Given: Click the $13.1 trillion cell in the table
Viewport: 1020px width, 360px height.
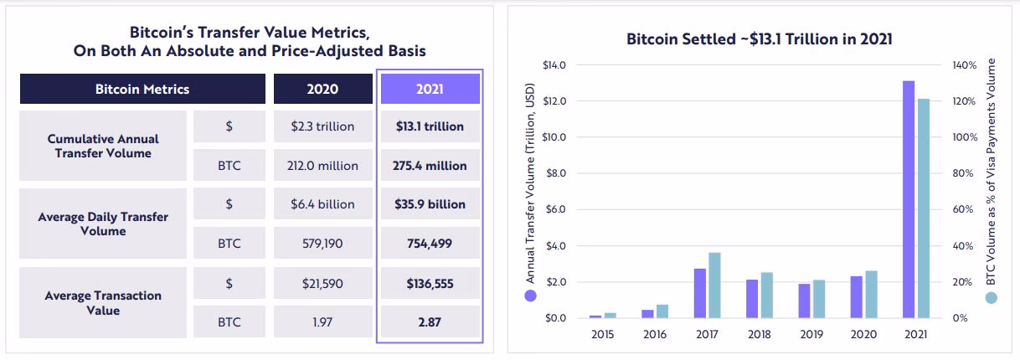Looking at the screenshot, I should pos(430,126).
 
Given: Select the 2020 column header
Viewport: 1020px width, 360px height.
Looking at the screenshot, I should pos(322,89).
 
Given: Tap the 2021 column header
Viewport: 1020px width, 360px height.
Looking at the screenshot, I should pos(430,89).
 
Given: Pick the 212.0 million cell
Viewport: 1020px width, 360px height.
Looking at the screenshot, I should pos(322,166).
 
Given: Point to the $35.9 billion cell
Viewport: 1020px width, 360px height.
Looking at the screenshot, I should pos(430,204).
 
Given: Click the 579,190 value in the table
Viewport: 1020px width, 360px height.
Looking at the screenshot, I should pos(322,244).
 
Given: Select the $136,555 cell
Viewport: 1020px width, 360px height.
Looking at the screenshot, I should pos(430,283).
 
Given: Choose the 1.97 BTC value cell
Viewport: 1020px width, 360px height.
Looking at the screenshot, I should pos(322,321).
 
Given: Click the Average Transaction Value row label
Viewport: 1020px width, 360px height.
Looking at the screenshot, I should pos(104,303).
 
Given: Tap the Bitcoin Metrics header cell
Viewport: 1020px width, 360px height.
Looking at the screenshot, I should pos(142,89).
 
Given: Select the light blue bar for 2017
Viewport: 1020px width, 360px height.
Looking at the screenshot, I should pos(714,285).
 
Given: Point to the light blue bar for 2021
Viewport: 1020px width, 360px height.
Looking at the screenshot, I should pos(923,208).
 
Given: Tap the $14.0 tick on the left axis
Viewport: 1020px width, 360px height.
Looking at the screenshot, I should pos(554,64).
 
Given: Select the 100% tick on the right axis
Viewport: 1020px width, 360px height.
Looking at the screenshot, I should pos(965,137).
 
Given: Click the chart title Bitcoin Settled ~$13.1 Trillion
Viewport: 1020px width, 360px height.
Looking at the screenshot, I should pos(759,39).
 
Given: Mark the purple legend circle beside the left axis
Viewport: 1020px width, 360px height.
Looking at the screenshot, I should pos(529,296).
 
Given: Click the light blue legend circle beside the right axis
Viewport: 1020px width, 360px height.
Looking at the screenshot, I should pos(992,297).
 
